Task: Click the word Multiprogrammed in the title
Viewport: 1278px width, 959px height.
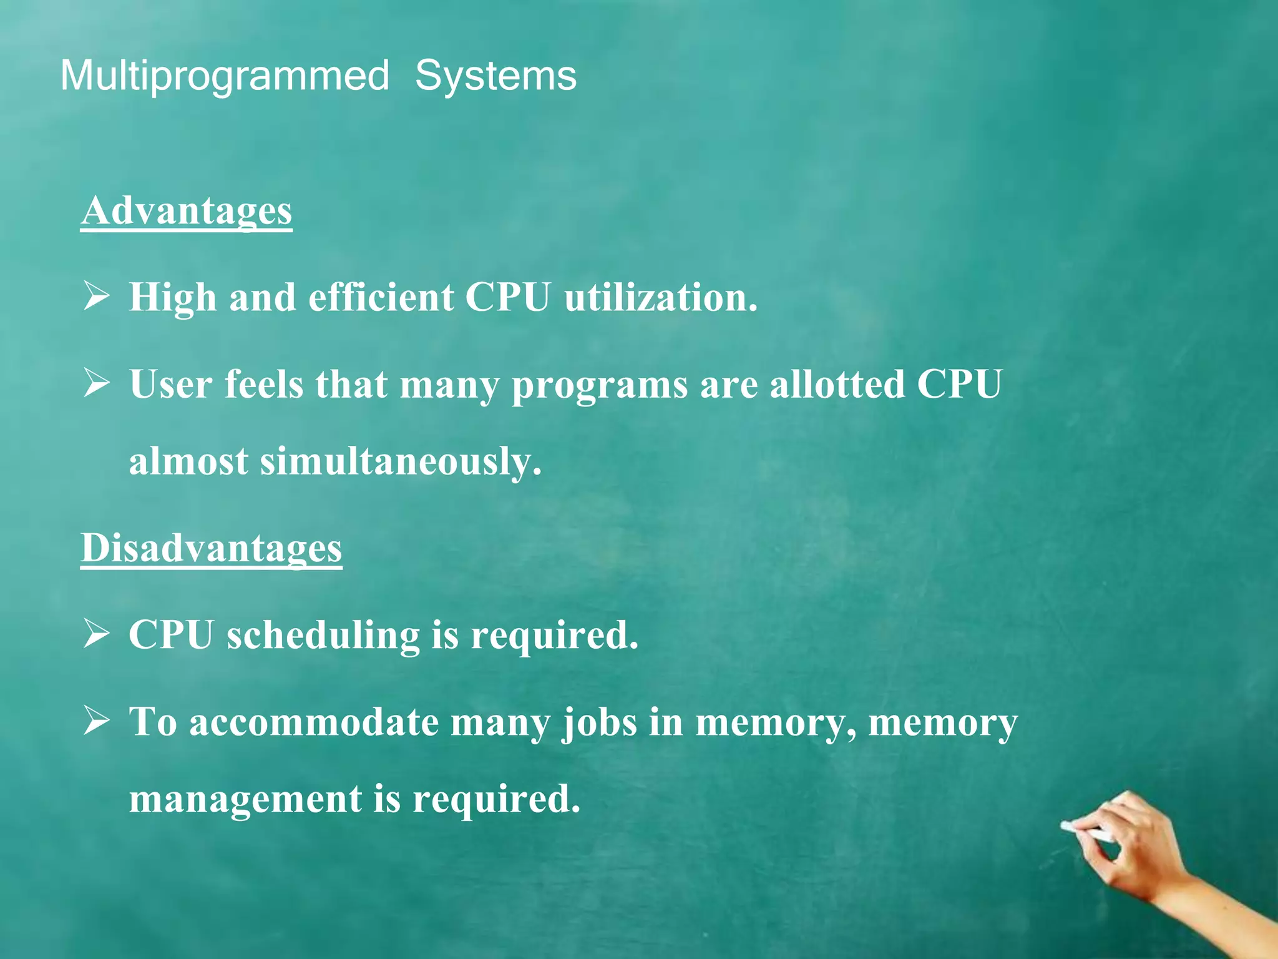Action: click(x=225, y=76)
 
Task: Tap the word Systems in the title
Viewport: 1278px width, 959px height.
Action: click(x=495, y=76)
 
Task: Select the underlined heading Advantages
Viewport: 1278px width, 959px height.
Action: click(x=187, y=210)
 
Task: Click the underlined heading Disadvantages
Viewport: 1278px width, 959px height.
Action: click(x=212, y=548)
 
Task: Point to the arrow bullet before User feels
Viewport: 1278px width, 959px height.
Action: click(x=96, y=383)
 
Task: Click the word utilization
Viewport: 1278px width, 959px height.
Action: click(x=660, y=297)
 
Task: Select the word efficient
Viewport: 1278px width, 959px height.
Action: click(x=381, y=297)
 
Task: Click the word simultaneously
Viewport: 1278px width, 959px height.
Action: click(x=401, y=462)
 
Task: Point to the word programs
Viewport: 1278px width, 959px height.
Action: click(x=600, y=385)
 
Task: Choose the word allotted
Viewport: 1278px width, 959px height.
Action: click(x=837, y=384)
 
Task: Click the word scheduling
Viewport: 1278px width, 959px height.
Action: click(x=323, y=636)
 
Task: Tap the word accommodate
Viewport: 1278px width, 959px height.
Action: click(x=314, y=722)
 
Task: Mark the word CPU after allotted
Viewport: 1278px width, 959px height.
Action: click(x=959, y=384)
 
